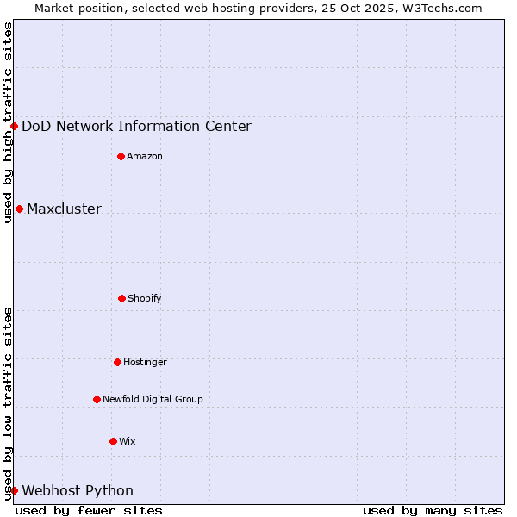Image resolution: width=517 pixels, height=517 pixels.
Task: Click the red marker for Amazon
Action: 121,156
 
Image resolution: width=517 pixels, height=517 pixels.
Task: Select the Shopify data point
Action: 121,298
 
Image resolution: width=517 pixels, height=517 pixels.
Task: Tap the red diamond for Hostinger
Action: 117,362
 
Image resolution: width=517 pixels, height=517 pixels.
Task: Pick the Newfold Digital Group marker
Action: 97,399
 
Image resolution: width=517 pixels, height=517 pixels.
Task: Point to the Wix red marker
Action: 113,441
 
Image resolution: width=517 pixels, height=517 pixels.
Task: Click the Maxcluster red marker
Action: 19,209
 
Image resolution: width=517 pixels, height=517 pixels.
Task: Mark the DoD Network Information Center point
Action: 14,126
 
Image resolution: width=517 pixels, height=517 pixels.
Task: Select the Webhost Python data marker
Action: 14,490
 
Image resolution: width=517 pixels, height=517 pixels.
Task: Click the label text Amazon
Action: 145,156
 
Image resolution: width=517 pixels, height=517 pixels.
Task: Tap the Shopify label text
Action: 145,298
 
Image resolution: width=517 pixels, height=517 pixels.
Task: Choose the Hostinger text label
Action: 145,362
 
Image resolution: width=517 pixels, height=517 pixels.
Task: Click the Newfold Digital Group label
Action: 153,399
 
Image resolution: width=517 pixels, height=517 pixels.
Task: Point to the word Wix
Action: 128,441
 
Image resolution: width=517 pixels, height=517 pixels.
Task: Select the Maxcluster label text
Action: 64,209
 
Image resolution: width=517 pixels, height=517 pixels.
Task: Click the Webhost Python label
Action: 78,490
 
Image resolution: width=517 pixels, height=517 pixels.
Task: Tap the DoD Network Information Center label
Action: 136,126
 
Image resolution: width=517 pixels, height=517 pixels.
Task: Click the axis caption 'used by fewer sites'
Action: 89,510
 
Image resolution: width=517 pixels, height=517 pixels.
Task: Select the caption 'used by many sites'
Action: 433,510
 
